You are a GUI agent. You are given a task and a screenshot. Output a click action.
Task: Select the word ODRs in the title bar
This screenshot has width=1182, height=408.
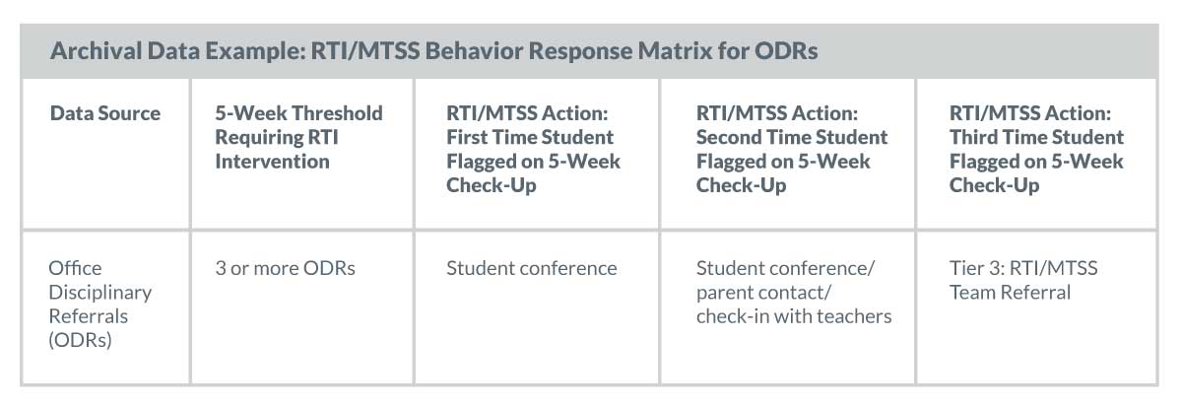pos(786,51)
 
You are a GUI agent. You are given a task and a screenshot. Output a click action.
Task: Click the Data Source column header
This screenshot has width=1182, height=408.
pos(105,113)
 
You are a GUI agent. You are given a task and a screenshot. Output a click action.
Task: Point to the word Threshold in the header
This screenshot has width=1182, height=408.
pos(337,113)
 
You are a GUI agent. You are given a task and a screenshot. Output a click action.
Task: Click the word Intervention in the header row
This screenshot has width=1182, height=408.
pos(272,161)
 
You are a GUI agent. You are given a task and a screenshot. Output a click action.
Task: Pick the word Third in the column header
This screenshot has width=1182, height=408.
pos(973,137)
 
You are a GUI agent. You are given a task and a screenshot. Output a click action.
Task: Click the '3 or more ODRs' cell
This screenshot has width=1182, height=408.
pos(285,268)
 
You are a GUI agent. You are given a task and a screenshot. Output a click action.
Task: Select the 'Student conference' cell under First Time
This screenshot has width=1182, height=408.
pos(531,268)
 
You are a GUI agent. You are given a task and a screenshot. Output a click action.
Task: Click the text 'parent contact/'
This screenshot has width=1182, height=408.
pos(763,293)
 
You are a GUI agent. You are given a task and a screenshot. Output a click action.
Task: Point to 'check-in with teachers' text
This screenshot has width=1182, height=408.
pos(794,316)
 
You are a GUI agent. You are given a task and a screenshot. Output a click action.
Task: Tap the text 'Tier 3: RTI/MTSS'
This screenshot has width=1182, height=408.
pos(1023,268)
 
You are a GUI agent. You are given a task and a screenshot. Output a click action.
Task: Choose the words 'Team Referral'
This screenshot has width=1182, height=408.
pos(1010,293)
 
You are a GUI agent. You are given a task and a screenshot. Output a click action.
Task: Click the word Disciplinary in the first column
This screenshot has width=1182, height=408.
pos(100,293)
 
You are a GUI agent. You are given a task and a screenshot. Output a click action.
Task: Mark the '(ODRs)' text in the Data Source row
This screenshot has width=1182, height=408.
pos(80,340)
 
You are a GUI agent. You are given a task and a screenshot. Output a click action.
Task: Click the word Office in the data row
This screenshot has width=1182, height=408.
pos(75,268)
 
